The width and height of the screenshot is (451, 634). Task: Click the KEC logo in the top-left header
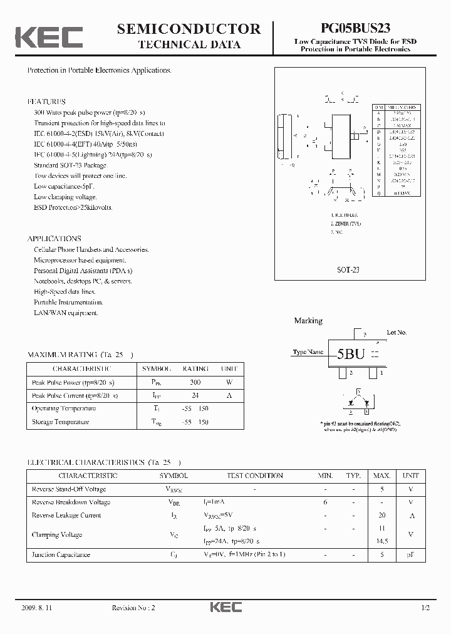[49, 37]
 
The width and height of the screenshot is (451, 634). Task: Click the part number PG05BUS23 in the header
[355, 28]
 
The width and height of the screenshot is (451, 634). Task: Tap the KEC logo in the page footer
[225, 608]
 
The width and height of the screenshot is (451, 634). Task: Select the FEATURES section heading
[46, 101]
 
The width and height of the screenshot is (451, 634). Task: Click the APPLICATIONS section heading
[54, 239]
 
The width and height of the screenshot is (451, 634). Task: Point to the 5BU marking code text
[351, 354]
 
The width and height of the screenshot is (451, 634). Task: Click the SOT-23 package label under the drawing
[348, 270]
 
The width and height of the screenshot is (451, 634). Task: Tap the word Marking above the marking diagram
[308, 321]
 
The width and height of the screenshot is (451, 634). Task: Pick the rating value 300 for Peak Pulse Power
[195, 382]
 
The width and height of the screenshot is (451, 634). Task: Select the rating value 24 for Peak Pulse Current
[195, 395]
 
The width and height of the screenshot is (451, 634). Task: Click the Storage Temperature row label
[60, 422]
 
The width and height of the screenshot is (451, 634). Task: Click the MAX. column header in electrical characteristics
[382, 476]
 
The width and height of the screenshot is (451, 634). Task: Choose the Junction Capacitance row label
[61, 554]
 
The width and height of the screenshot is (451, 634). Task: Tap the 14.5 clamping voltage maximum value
[382, 541]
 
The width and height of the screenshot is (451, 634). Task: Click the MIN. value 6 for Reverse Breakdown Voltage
[325, 502]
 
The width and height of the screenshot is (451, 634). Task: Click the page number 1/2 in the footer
[427, 608]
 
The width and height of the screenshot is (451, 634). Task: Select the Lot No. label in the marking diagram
[397, 332]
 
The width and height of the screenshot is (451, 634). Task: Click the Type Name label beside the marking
[308, 352]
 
